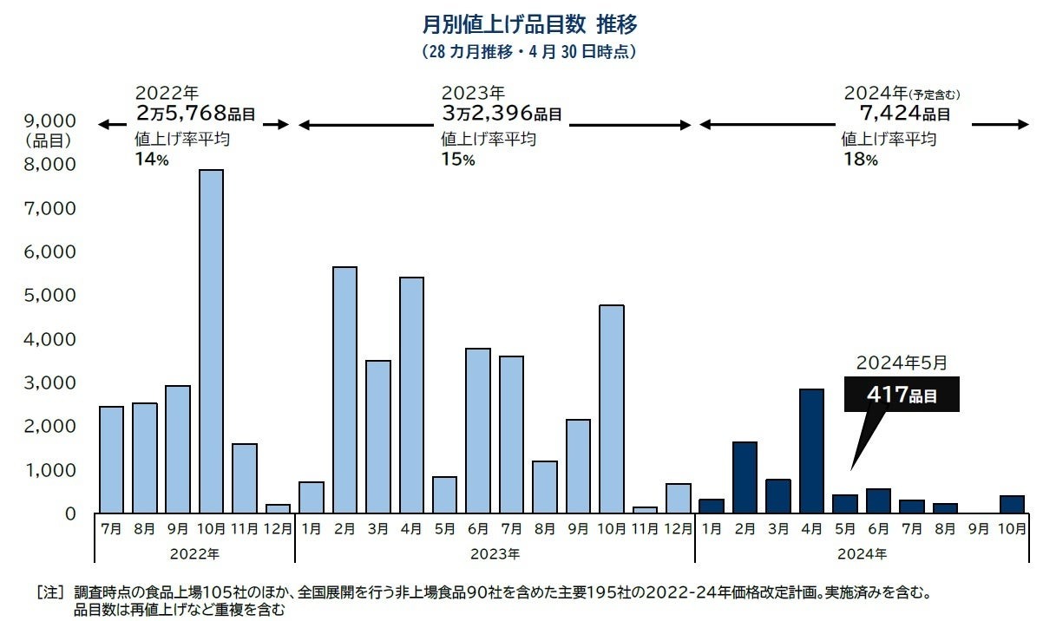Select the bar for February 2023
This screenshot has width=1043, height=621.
(x=344, y=389)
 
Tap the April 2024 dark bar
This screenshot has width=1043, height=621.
(x=810, y=451)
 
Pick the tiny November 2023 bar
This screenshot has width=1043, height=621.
(x=645, y=510)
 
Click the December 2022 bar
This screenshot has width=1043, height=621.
(x=277, y=508)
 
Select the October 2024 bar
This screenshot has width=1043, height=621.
(x=1011, y=504)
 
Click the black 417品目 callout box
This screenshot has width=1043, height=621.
(x=902, y=395)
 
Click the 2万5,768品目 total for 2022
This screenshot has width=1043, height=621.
(x=195, y=113)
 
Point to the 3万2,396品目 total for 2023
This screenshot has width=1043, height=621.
(x=501, y=113)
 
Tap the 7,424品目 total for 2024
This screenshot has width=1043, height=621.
(x=905, y=113)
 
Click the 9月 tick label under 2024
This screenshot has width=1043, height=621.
(x=978, y=527)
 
